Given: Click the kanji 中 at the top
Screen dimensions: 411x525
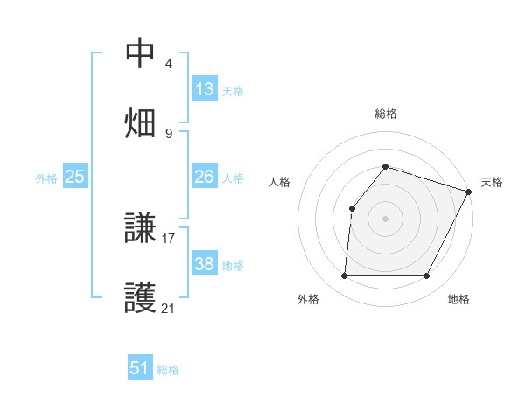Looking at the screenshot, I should tap(141, 54).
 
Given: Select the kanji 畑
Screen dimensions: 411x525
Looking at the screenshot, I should tap(141, 122).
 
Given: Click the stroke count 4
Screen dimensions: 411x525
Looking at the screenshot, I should tap(168, 64).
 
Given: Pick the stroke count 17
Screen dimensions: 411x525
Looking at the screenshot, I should tap(169, 237).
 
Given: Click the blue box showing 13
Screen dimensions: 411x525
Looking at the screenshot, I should tap(205, 89).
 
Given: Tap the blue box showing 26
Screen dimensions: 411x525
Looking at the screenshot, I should tap(205, 177).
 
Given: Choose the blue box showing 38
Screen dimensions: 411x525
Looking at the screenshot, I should tap(205, 264).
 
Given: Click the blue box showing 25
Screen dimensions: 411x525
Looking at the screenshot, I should tap(75, 177).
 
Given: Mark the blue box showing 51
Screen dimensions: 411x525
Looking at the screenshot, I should tap(140, 368).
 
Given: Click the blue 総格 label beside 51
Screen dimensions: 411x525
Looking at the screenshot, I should tap(168, 370).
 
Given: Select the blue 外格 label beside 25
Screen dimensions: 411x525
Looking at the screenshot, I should tap(46, 178).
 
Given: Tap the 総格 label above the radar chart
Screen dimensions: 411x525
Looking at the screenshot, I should tap(386, 114).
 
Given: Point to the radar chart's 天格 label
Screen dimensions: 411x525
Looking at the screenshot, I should tap(492, 182).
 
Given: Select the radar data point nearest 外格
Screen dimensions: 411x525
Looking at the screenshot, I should tap(344, 276).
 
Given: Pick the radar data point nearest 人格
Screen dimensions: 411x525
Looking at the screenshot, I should tap(352, 208).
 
